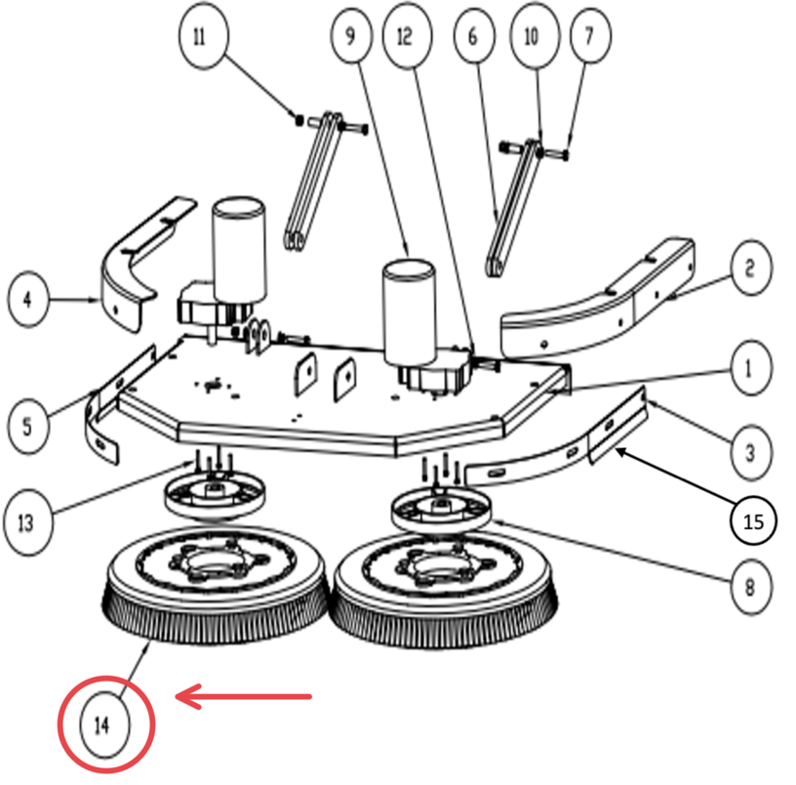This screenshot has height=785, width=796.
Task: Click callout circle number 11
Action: pos(201,37)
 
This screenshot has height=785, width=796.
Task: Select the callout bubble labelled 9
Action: pos(350,37)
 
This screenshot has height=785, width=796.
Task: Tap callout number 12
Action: pos(404,37)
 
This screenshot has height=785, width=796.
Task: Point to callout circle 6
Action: pos(474,37)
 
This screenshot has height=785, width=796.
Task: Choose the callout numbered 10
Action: pos(532,37)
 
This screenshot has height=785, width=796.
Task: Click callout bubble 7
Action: pos(588,37)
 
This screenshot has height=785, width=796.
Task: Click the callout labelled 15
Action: pos(753,521)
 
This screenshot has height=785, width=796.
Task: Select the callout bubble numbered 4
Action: pos(27,299)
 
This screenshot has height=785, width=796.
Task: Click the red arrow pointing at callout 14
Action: pos(243,696)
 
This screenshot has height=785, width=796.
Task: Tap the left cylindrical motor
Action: pos(238,249)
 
